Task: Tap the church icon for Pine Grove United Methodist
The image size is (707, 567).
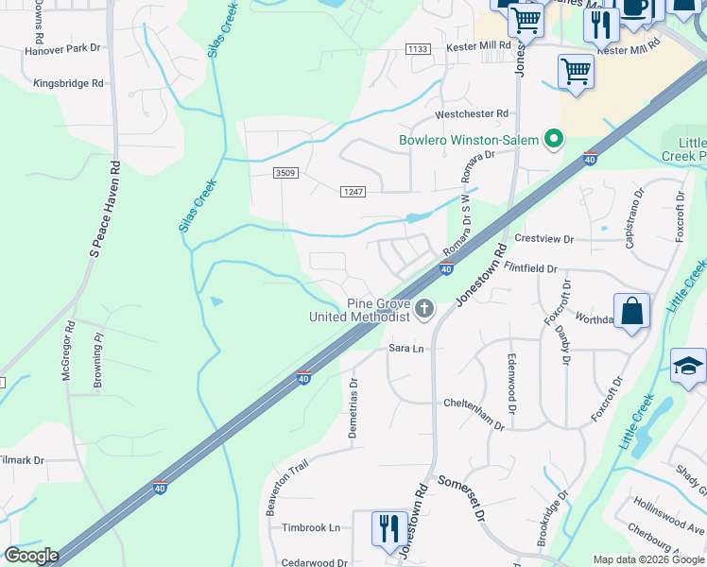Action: pyautogui.click(x=424, y=308)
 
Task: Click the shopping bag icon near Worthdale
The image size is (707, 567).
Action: pyautogui.click(x=631, y=311)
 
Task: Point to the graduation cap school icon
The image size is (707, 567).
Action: pyautogui.click(x=688, y=366)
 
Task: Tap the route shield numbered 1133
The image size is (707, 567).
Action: pyautogui.click(x=417, y=48)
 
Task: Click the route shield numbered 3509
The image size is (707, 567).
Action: pyautogui.click(x=285, y=173)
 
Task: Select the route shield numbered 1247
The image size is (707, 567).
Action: pyautogui.click(x=353, y=192)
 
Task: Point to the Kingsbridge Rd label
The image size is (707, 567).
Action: pyautogui.click(x=68, y=84)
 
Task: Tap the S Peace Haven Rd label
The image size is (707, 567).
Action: pyautogui.click(x=105, y=209)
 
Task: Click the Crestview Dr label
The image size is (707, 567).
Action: pyautogui.click(x=543, y=239)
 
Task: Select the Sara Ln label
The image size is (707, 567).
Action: pyautogui.click(x=406, y=349)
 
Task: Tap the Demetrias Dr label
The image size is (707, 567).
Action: pyautogui.click(x=354, y=397)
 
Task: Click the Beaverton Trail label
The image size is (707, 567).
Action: pyautogui.click(x=287, y=489)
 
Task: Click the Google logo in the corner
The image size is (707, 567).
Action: pyautogui.click(x=31, y=556)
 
